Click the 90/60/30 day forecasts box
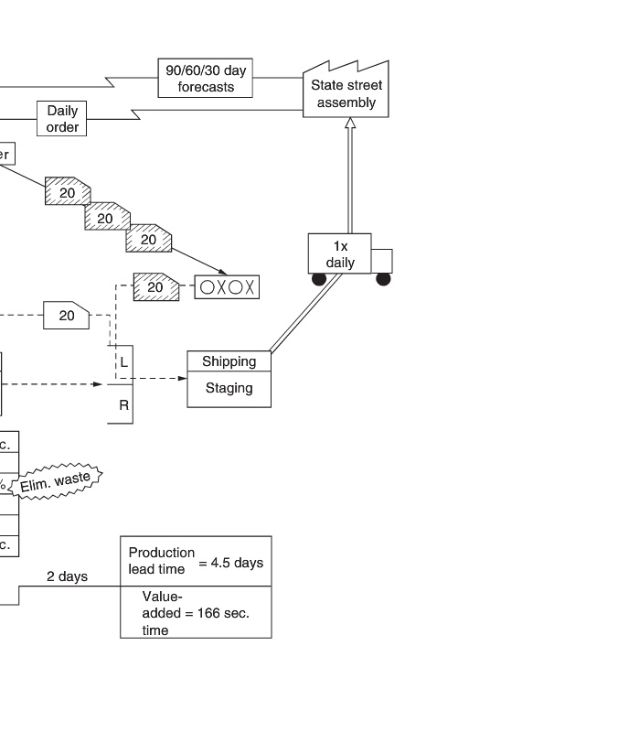click(207, 79)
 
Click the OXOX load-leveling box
click(228, 286)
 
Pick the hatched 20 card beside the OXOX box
click(155, 286)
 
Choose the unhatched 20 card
click(67, 316)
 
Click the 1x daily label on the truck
click(340, 253)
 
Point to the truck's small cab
click(382, 261)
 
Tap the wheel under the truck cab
click(383, 279)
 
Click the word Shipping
click(229, 361)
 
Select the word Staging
click(229, 388)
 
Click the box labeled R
click(123, 404)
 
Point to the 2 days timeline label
click(68, 576)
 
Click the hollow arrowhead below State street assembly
click(349, 124)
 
